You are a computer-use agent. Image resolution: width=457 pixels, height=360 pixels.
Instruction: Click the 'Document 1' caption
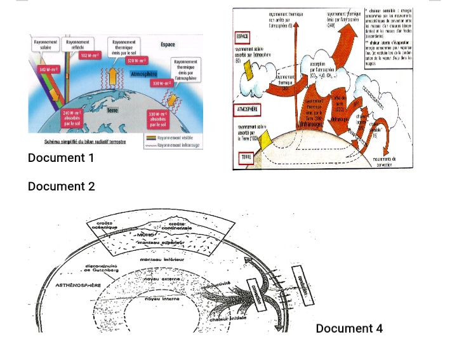coord(61,157)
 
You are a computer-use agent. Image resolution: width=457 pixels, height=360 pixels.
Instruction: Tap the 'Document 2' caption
coord(61,187)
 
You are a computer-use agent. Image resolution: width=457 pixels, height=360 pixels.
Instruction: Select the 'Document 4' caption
coord(349,328)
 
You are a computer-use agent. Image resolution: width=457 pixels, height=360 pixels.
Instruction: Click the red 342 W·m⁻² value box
coord(48,68)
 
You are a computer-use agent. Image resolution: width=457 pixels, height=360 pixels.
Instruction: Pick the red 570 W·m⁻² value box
coord(136,60)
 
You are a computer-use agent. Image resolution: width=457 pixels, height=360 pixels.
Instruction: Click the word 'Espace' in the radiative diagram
coord(168,44)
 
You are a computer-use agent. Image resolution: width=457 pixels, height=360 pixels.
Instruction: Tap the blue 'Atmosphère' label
coord(142,74)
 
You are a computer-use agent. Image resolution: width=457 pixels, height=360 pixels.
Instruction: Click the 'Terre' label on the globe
coord(112,110)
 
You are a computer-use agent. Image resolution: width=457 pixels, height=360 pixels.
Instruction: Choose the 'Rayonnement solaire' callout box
coord(45,44)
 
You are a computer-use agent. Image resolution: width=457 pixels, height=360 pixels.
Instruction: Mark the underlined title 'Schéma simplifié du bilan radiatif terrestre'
coord(85,142)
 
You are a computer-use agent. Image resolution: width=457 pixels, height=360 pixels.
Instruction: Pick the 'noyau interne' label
coord(162,297)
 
